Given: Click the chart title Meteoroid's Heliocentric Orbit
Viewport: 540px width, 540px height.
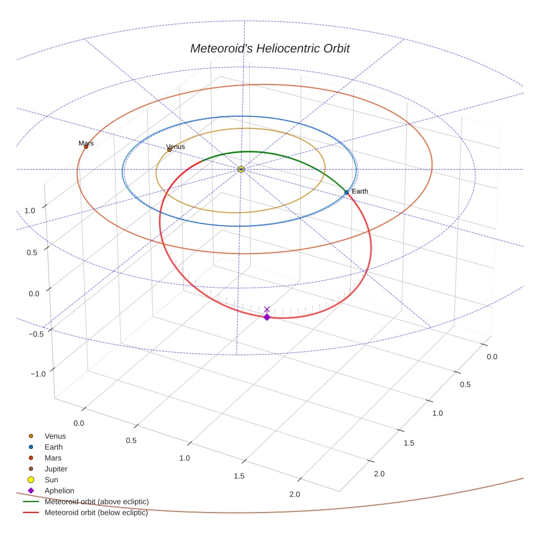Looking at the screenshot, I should tap(269, 48).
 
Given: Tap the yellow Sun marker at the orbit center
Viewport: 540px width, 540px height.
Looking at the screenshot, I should tap(241, 169).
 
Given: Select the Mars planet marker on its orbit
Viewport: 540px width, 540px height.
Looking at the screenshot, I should tap(86, 147).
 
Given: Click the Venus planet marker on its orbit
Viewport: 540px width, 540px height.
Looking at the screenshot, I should tap(169, 150).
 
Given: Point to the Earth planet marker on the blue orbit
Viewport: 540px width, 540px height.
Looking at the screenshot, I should tap(346, 192).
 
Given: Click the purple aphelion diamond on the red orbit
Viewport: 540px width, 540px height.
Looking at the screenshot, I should tap(267, 317).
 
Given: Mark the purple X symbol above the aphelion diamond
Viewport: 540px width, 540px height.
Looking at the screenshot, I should tap(267, 310).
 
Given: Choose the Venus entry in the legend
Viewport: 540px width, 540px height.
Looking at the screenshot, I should tap(55, 436).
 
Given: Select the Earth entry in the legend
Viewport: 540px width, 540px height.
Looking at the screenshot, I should tap(53, 447).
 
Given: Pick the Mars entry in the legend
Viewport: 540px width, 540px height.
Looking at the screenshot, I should tap(53, 458).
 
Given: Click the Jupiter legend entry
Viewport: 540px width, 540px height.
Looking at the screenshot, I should tap(56, 469).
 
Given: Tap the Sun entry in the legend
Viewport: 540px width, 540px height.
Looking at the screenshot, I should tap(51, 480).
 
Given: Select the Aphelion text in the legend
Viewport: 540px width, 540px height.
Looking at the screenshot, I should tap(59, 491).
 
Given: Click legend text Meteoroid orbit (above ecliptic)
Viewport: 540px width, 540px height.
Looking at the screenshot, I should tap(97, 502).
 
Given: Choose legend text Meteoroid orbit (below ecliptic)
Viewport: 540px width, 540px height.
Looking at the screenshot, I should tap(96, 513).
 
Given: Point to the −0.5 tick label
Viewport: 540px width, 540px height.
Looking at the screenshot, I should tap(36, 334).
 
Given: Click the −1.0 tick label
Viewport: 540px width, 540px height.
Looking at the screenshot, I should tap(38, 374).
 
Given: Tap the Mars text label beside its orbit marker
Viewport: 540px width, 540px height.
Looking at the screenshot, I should tap(86, 143).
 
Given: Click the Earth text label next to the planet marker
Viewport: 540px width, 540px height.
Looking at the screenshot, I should tap(360, 191).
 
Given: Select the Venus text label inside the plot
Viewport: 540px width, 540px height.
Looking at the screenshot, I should tap(176, 147).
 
